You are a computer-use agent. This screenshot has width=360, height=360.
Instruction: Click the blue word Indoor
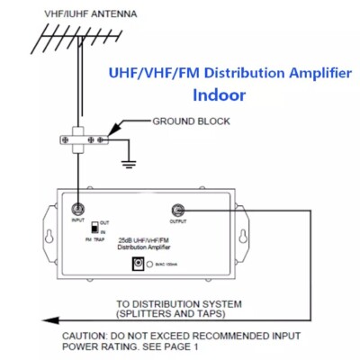pos(224,93)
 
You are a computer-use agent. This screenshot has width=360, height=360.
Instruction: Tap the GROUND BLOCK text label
pos(190,121)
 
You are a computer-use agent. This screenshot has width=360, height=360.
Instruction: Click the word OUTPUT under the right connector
pos(179,220)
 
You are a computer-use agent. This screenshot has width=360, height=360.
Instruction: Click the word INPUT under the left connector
pos(79,220)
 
